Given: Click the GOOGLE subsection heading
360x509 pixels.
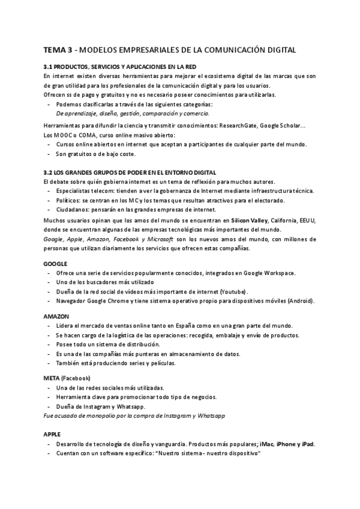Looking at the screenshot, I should click(55, 264).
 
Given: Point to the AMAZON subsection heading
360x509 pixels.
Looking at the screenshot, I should click(56, 316).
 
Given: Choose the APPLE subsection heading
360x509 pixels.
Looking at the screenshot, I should click(52, 433).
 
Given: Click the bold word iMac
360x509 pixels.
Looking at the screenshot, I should click(267, 444).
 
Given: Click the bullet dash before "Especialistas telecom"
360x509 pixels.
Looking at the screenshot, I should click(49, 191).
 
